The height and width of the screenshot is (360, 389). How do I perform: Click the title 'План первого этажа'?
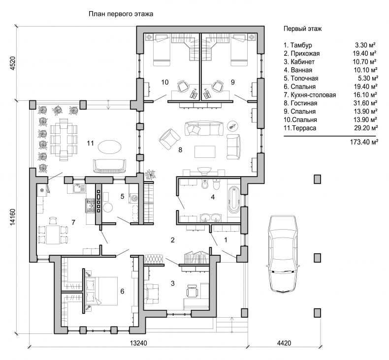121,14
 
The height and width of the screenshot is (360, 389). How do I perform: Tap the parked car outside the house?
282,254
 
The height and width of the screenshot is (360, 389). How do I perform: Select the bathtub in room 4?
234,201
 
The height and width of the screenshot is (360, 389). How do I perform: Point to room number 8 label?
180,150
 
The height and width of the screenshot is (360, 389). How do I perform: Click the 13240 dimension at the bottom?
138,343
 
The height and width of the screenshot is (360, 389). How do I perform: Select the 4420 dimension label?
284,343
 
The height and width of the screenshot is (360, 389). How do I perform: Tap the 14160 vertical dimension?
13,217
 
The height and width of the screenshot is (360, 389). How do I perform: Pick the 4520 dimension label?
13,63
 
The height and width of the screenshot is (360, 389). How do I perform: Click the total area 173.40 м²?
364,142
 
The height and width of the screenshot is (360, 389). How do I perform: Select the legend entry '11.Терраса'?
300,128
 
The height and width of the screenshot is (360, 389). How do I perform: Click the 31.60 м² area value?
365,103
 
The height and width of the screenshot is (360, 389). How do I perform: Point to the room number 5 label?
122,197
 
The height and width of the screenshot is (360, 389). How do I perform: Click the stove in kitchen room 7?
91,206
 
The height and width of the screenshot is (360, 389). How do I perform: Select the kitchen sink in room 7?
79,188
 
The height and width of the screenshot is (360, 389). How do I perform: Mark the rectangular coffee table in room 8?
205,151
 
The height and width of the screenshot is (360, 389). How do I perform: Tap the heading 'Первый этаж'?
303,29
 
